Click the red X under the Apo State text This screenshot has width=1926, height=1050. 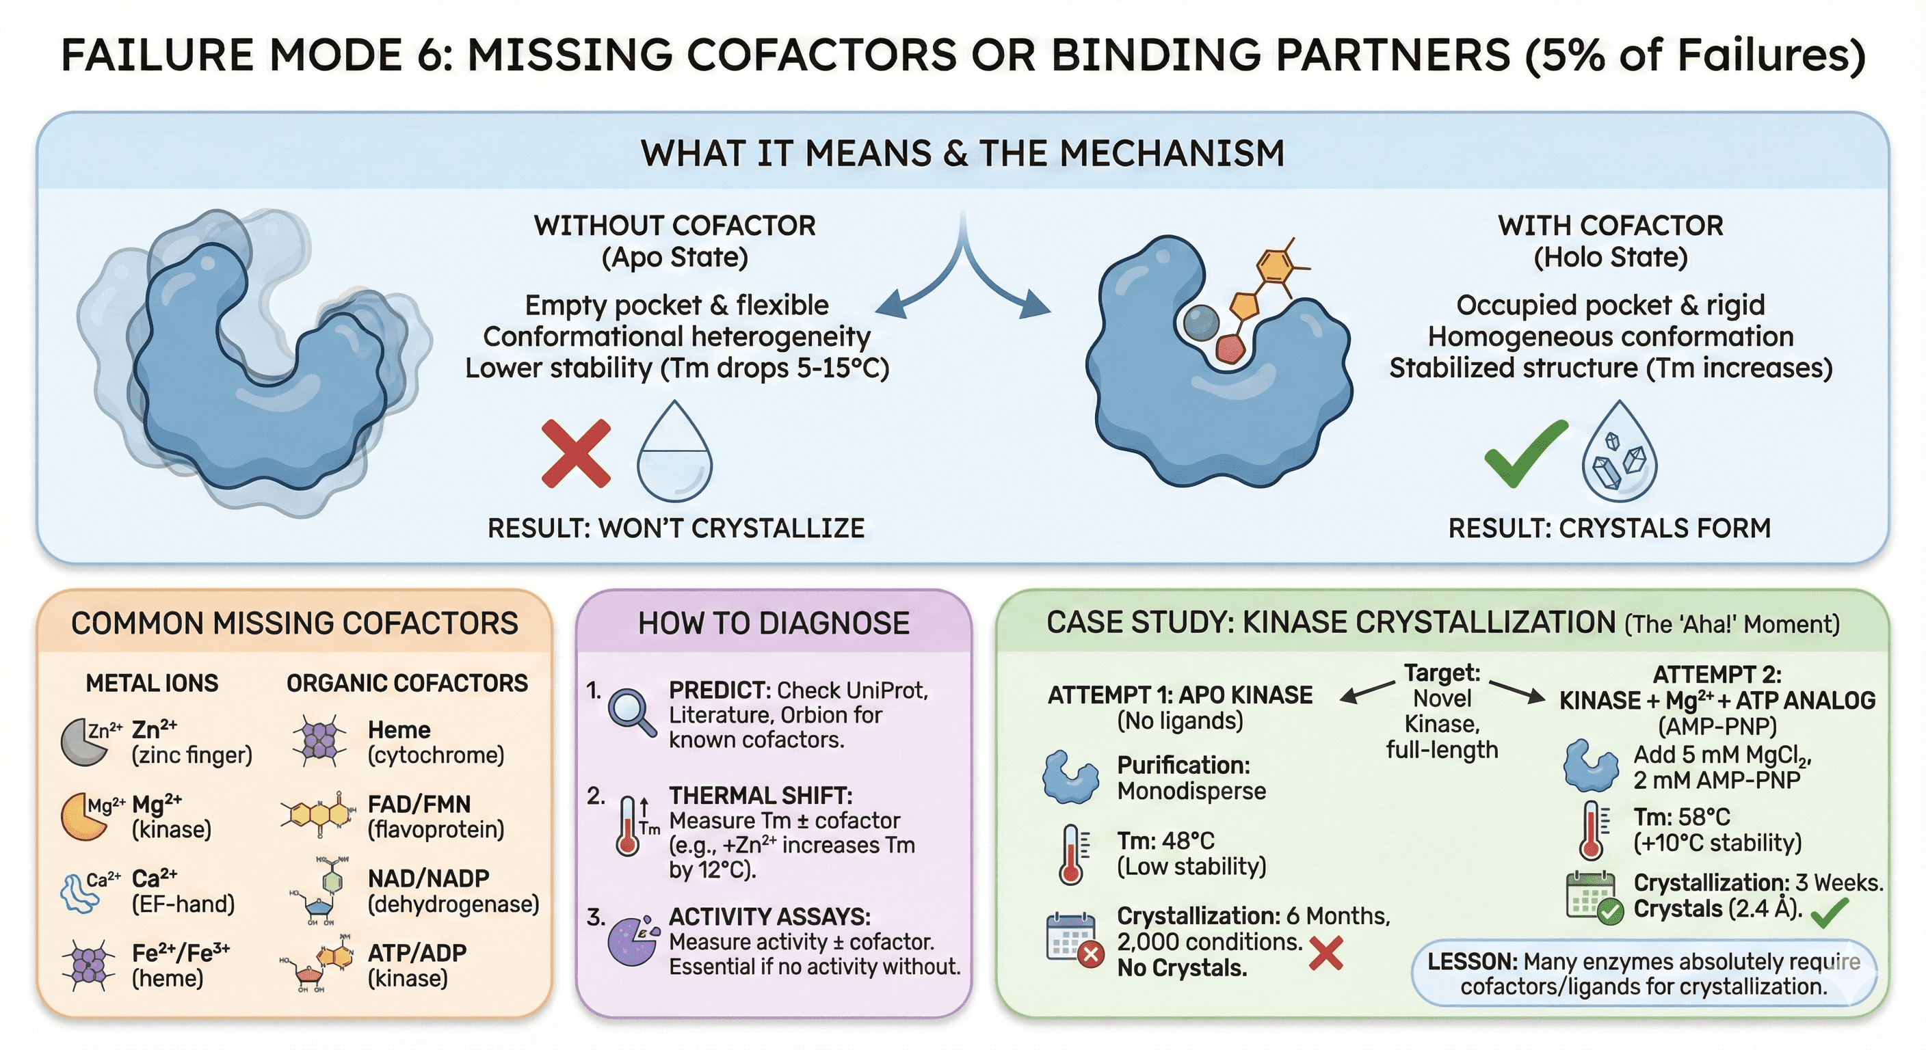click(x=576, y=454)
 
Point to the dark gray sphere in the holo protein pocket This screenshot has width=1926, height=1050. click(x=1202, y=323)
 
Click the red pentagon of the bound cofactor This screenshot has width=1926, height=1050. click(x=1229, y=348)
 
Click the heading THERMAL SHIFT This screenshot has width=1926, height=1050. click(x=760, y=795)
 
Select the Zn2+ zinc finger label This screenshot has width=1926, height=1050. click(x=192, y=741)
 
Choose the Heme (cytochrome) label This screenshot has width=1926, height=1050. click(x=435, y=741)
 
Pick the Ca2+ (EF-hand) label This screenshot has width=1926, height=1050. click(x=183, y=890)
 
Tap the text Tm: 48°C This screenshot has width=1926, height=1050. click(x=1165, y=841)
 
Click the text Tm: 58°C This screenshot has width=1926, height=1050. click(x=1680, y=816)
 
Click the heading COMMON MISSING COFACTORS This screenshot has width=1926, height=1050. click(x=294, y=623)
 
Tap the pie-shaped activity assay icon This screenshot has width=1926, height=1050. click(x=632, y=940)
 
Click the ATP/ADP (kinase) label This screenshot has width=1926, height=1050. click(x=417, y=965)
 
